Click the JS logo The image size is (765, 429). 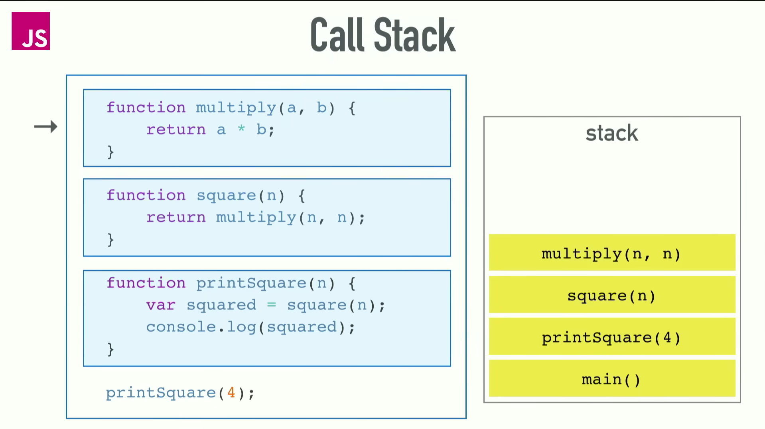(x=31, y=31)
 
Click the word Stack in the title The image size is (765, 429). (x=414, y=35)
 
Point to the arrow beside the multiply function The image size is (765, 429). (x=46, y=127)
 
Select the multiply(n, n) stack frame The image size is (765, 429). (x=611, y=253)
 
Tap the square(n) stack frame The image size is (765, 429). (x=611, y=295)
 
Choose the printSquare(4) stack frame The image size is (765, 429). (x=611, y=337)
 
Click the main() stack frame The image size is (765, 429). (x=611, y=379)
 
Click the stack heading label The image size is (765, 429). (x=611, y=133)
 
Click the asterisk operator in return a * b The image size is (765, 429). (x=241, y=129)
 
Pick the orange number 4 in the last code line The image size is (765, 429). (x=231, y=392)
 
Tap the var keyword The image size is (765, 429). (x=160, y=305)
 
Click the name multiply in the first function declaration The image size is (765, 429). (x=236, y=108)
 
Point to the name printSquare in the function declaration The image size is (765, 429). (x=251, y=283)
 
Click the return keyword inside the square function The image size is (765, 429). (x=176, y=217)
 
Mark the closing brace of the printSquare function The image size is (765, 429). (x=110, y=349)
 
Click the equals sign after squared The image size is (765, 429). (x=272, y=305)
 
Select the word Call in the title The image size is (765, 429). (x=337, y=35)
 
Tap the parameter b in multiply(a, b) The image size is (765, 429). (x=321, y=108)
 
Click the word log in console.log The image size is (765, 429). (x=241, y=327)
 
